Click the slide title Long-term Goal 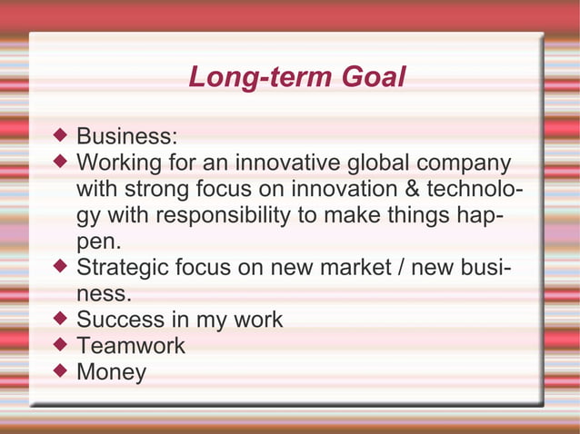(296, 78)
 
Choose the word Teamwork (131, 346)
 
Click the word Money (111, 372)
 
